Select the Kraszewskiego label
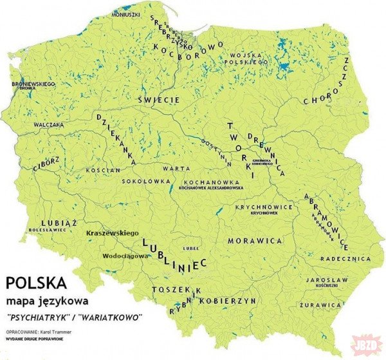113,232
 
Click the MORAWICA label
255,240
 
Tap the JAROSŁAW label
327,280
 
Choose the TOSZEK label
172,291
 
